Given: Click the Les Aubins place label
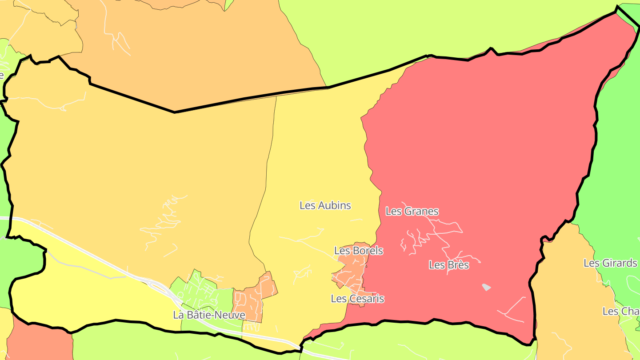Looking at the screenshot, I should pyautogui.click(x=325, y=205).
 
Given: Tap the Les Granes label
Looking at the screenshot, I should pyautogui.click(x=412, y=211).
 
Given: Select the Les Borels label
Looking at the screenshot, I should pyautogui.click(x=359, y=251).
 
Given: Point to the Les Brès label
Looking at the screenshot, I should pyautogui.click(x=449, y=265).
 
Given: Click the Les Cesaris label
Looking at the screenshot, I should pyautogui.click(x=357, y=299).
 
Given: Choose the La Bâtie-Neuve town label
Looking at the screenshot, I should pyautogui.click(x=209, y=315).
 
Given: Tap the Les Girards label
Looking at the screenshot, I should pyautogui.click(x=610, y=263).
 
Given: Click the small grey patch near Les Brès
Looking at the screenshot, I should pyautogui.click(x=487, y=287).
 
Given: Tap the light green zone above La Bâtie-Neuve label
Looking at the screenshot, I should pyautogui.click(x=200, y=289).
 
